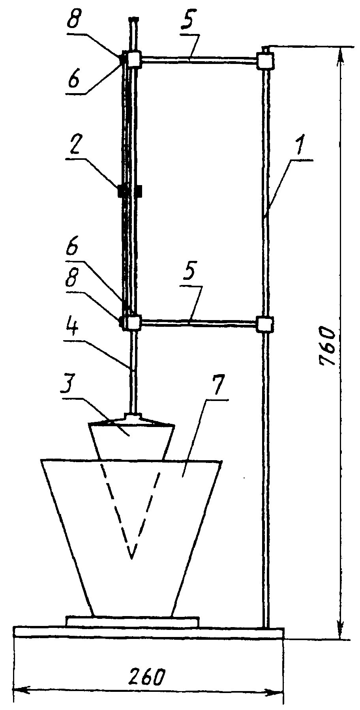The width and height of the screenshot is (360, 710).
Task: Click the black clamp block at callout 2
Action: (129, 191)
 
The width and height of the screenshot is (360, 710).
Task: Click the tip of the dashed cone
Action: (131, 558)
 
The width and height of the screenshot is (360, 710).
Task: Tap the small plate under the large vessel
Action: (132, 622)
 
